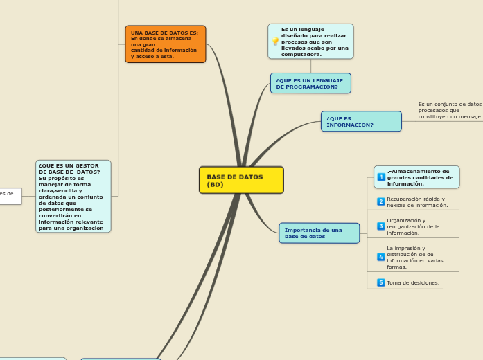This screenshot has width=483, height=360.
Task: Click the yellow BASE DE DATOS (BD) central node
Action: coord(241,180)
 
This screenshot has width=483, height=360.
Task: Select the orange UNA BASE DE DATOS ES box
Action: coord(165,44)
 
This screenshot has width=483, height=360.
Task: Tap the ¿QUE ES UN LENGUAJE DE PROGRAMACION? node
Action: coord(310,84)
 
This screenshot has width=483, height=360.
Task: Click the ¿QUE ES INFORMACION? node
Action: coord(360,122)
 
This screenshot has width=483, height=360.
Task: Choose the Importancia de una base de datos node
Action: coord(319,233)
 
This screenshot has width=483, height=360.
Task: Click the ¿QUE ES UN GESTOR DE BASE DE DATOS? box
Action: coord(73,196)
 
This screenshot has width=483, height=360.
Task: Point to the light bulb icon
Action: coord(275,42)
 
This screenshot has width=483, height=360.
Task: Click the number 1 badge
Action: coord(381,177)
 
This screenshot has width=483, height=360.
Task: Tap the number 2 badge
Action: coord(381,201)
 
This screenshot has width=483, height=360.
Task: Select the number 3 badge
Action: coord(381,226)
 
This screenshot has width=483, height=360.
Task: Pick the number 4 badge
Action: coord(381,257)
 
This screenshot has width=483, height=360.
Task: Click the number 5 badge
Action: coord(381,282)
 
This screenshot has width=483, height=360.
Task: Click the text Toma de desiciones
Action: coord(413,282)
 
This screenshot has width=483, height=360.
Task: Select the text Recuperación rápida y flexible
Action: coord(417,201)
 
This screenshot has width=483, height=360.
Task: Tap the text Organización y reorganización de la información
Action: coord(413,226)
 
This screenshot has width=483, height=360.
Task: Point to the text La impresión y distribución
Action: coord(415,257)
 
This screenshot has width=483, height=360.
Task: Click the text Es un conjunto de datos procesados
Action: coord(450,110)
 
